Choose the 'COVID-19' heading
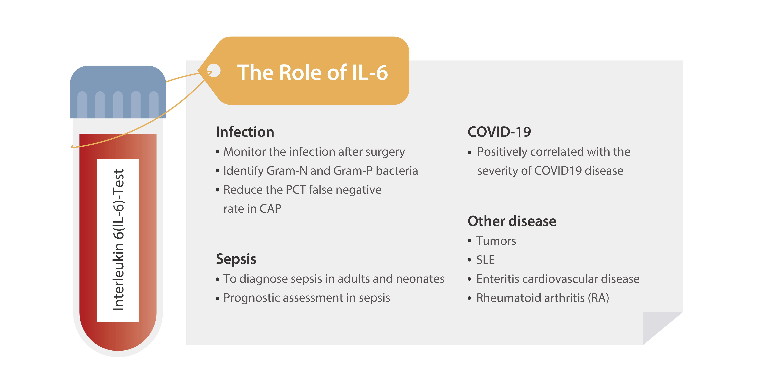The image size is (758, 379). [x=499, y=132]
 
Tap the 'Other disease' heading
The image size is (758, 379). [x=512, y=221]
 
